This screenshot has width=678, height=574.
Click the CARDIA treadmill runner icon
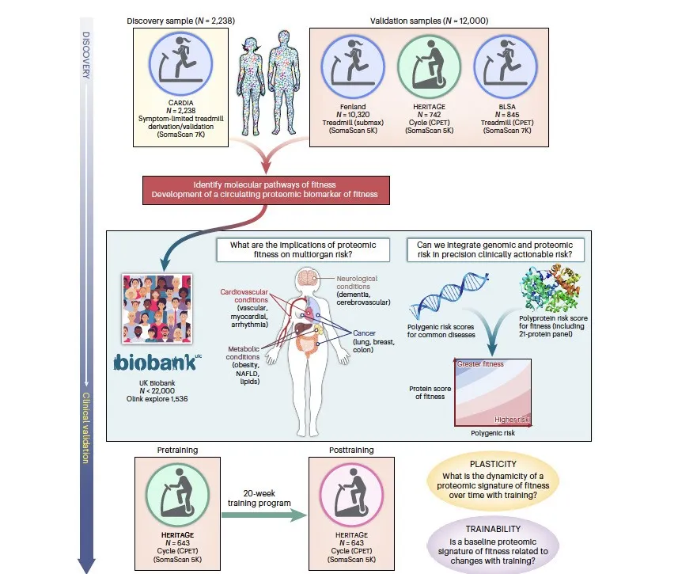click(x=180, y=63)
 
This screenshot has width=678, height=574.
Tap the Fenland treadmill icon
click(x=353, y=67)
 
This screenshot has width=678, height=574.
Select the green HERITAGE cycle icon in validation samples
click(x=430, y=67)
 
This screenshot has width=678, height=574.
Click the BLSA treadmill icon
click(x=506, y=67)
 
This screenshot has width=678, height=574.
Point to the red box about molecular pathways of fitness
click(x=266, y=190)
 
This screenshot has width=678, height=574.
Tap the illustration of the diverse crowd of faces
click(x=157, y=309)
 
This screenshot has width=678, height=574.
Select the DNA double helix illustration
click(x=448, y=295)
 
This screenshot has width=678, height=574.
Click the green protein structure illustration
click(x=550, y=288)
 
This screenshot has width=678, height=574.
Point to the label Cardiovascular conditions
click(x=244, y=295)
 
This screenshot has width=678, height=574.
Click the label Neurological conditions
click(x=357, y=282)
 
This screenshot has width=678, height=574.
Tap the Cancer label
click(x=364, y=333)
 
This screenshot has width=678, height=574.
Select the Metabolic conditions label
click(x=244, y=353)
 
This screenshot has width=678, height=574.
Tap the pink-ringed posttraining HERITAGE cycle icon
click(x=351, y=495)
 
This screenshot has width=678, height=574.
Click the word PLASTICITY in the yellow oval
click(x=493, y=464)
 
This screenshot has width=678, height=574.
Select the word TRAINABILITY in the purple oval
click(x=493, y=529)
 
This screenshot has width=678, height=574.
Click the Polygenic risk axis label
click(x=493, y=433)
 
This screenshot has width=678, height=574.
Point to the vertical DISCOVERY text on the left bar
click(x=86, y=55)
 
